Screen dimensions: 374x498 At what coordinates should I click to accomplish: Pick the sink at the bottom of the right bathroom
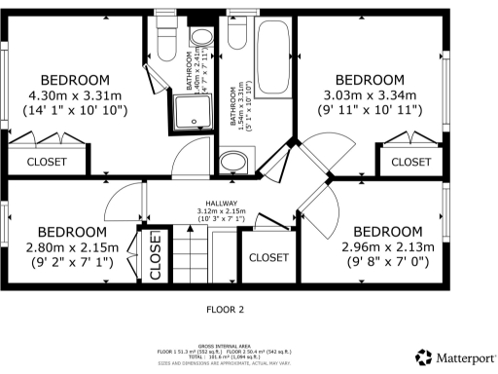click(x=242, y=161)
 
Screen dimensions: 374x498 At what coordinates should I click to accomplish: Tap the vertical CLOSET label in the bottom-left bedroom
click(x=156, y=257)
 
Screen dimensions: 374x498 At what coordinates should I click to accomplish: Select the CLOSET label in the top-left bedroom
click(x=47, y=162)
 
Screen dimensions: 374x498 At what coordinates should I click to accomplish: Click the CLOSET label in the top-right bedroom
click(x=411, y=162)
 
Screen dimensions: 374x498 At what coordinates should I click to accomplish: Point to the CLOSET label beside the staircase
click(x=268, y=258)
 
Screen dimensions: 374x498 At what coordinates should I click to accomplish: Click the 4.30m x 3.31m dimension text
click(x=73, y=95)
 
